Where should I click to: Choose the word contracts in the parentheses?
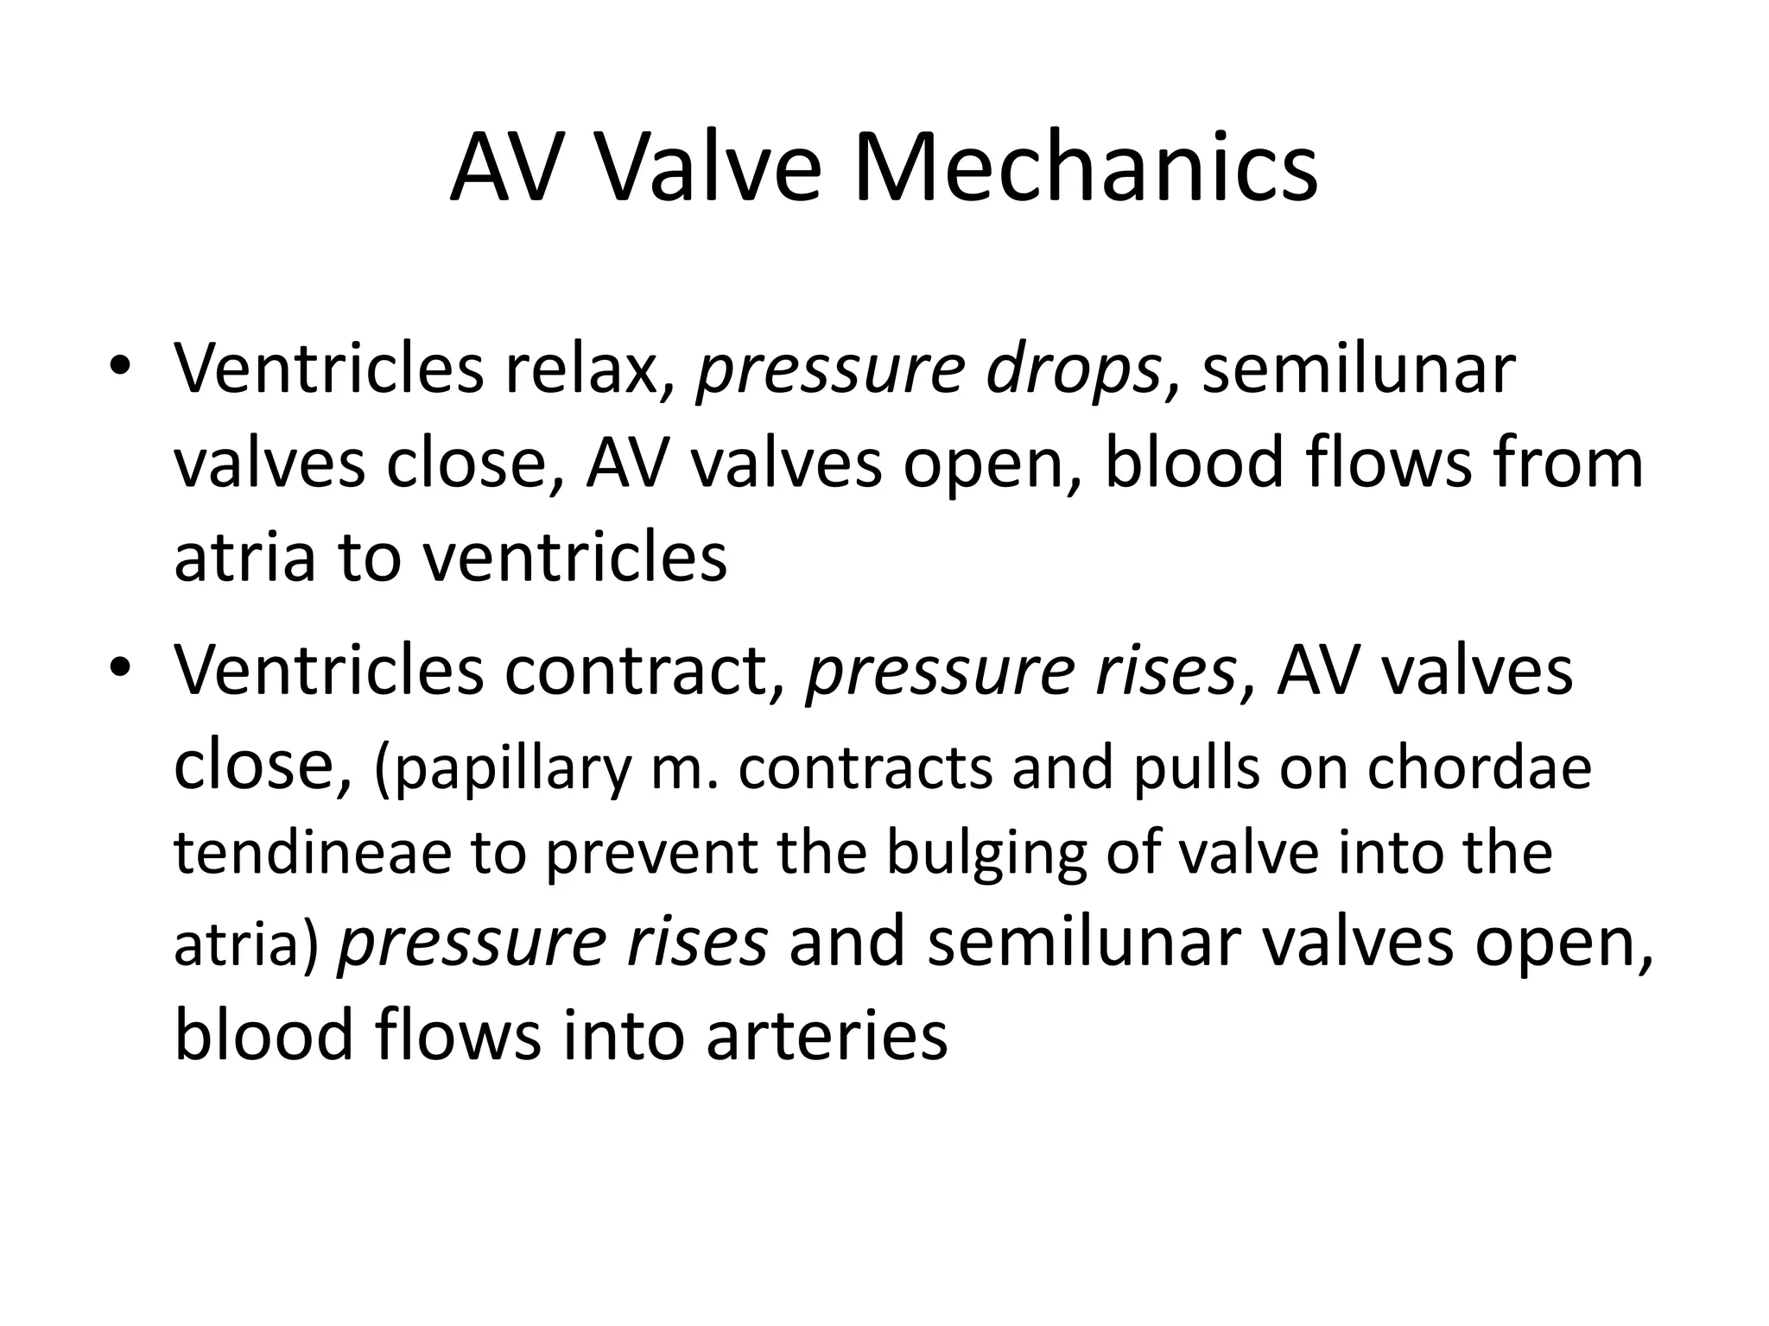[x=865, y=768]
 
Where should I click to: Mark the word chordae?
[x=1461, y=768]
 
